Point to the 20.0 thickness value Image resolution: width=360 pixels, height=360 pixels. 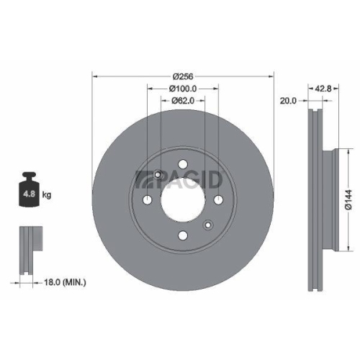click(x=288, y=102)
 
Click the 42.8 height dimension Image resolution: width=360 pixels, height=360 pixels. click(x=323, y=89)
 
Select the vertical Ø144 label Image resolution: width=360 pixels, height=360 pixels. click(x=348, y=197)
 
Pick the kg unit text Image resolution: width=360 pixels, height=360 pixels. click(x=47, y=194)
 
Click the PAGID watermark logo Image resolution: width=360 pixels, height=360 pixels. click(x=184, y=178)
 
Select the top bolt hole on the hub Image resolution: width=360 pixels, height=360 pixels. click(x=183, y=162)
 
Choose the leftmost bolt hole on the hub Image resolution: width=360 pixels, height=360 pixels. click(x=148, y=199)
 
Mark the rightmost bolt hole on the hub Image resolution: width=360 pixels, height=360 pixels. click(x=217, y=199)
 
